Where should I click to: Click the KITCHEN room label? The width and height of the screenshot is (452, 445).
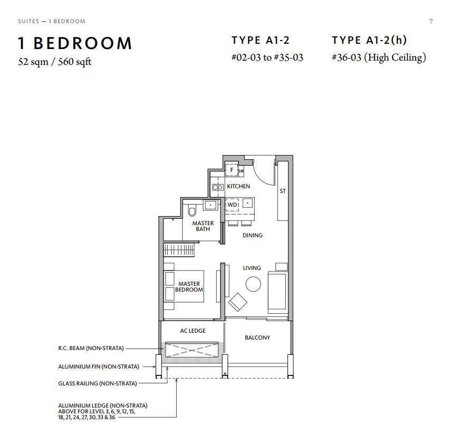238,186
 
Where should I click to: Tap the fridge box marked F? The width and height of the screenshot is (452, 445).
232,170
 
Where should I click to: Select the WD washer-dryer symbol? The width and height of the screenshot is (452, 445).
232,205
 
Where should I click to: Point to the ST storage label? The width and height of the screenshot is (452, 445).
283,191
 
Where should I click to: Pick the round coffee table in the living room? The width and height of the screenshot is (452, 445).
253,284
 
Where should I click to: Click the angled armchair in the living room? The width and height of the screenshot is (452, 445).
237,302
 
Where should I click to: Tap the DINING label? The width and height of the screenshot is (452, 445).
253,235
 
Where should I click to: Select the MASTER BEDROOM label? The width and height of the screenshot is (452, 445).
189,286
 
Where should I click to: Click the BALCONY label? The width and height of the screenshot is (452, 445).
257,337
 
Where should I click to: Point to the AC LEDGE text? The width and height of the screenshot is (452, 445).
193,331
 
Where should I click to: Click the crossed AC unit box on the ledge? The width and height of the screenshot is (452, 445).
191,350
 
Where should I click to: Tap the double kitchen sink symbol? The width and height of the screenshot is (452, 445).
218,187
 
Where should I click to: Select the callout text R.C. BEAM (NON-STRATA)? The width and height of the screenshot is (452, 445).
91,348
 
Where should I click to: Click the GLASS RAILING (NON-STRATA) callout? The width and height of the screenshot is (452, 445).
98,383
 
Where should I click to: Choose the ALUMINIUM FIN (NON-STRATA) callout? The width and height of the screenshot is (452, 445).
99,366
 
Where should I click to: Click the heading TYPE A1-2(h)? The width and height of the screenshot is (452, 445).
369,40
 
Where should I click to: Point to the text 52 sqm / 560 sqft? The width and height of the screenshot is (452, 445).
54,62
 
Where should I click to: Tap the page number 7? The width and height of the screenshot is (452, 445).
431,22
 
